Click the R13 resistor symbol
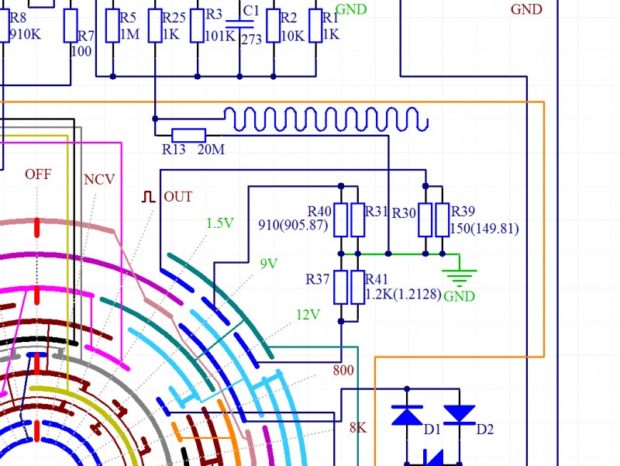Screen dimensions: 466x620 (188, 134)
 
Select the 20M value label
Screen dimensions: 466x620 (212, 149)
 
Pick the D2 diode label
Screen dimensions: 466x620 (484, 430)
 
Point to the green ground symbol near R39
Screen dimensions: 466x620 (459, 276)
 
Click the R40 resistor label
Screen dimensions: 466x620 (319, 211)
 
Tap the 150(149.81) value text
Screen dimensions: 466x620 (484, 229)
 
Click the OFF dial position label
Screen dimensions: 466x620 (38, 174)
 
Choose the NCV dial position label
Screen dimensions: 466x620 (99, 180)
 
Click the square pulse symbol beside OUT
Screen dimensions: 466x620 (148, 196)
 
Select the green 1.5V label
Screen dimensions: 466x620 (220, 223)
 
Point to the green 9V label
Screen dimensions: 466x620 (269, 264)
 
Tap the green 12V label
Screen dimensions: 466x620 (308, 315)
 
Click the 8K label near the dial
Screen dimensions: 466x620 (357, 427)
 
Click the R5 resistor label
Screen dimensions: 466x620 (128, 18)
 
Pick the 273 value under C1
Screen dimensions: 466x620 (252, 40)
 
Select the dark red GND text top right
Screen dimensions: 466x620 (526, 10)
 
